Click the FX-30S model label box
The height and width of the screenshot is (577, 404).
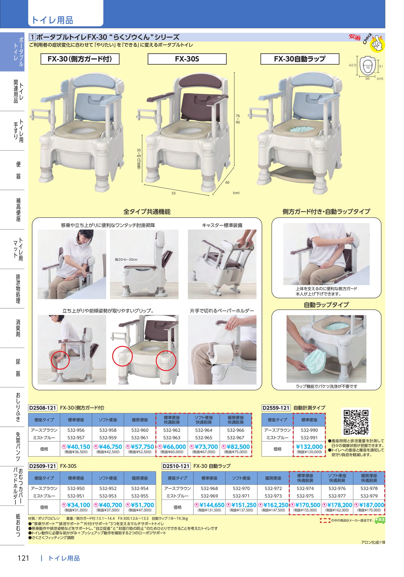point(187,59)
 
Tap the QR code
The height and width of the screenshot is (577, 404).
point(356,422)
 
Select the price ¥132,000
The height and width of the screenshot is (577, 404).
point(309,447)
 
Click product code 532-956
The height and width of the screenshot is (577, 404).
point(76,430)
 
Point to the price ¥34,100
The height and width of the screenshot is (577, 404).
point(76,505)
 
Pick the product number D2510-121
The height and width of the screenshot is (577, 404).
point(176,466)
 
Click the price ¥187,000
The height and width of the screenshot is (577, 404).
point(369,505)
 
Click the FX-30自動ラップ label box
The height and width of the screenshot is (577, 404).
point(300,59)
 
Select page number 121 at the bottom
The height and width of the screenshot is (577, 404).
point(23,558)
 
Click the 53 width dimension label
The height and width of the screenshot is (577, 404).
point(174,193)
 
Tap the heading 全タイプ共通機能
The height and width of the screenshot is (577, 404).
point(147,212)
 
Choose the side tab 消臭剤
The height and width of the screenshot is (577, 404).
point(18,328)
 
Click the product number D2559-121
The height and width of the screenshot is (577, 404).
point(276,408)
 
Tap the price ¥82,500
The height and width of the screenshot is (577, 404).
point(236,447)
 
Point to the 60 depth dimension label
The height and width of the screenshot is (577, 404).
point(227,182)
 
